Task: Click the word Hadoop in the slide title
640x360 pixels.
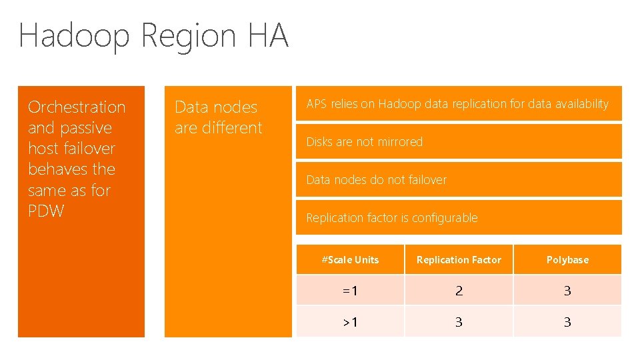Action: point(74,36)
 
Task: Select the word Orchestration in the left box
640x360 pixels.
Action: point(77,107)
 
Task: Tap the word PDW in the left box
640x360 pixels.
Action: point(46,211)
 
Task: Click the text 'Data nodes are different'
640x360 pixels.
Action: point(218,117)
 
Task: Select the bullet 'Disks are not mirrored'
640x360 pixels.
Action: point(364,142)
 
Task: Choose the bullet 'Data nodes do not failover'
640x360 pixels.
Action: point(376,180)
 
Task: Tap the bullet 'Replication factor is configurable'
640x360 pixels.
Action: point(391,218)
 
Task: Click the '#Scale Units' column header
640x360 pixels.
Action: point(350,260)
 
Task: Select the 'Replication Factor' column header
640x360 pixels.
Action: point(459,260)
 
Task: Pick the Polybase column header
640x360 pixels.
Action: point(567,260)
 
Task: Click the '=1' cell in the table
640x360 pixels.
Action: point(350,291)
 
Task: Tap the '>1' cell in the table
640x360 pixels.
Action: point(350,322)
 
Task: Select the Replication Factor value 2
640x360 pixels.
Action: point(459,291)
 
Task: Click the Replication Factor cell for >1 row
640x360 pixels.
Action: point(459,322)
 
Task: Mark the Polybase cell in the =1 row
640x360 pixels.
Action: point(567,291)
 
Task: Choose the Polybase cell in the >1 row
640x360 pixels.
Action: point(567,322)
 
